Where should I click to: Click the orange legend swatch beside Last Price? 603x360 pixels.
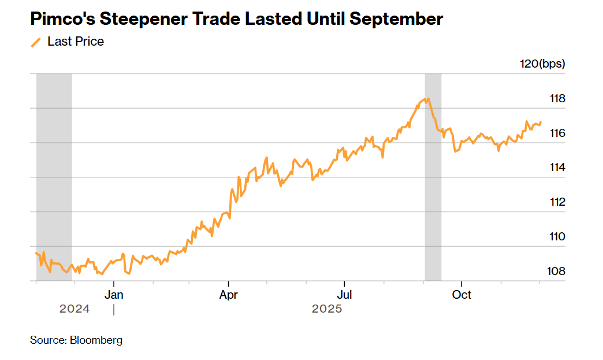point(36,42)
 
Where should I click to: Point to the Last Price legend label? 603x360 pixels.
point(76,42)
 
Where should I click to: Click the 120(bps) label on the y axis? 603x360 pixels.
point(542,64)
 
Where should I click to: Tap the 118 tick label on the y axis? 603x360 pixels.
point(557,98)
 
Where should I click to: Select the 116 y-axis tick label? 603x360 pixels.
point(557,133)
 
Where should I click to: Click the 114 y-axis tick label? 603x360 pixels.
point(557,168)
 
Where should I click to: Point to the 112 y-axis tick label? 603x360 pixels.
point(557,202)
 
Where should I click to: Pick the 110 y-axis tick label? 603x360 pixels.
point(557,237)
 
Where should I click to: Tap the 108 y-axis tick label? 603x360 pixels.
point(557,272)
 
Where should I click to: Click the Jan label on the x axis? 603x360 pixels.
point(114,295)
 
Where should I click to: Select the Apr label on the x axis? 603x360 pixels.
point(229,295)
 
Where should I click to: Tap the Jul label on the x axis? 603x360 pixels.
point(344,295)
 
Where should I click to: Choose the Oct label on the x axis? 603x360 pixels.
point(461,295)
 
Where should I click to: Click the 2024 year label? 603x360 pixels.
point(75,309)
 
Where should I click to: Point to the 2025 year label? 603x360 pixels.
point(327,309)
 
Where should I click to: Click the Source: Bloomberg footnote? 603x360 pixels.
point(76,340)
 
